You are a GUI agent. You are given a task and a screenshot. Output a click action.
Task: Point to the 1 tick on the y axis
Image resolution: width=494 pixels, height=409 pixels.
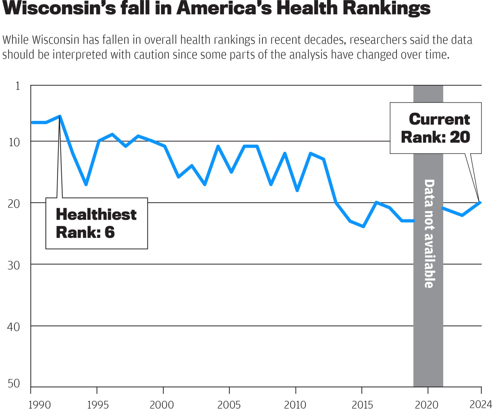18,86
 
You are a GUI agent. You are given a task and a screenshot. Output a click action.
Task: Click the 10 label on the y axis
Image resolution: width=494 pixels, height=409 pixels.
14,142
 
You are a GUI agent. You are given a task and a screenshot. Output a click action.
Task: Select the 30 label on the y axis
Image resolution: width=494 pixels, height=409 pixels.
14,266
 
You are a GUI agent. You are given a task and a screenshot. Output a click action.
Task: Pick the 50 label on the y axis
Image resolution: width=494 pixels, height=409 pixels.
14,383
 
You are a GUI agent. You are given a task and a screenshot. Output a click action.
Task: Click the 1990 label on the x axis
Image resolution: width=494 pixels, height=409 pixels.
39,405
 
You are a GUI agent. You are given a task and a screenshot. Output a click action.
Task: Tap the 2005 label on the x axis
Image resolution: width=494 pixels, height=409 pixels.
229,405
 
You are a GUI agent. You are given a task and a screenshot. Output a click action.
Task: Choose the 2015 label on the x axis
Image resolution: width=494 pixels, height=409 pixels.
362,405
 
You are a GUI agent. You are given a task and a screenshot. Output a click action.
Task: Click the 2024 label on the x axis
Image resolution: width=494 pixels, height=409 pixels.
481,404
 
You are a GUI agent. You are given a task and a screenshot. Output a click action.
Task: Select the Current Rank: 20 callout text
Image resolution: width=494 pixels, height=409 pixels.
436,128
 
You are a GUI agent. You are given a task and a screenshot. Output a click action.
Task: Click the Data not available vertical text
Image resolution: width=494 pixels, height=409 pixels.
429,233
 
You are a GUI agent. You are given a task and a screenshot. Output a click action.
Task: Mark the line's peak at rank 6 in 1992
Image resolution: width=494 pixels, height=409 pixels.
60,116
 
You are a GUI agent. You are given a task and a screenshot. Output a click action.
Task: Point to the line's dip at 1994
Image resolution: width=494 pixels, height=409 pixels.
86,184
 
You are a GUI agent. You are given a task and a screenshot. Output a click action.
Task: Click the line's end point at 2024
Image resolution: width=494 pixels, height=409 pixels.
480,203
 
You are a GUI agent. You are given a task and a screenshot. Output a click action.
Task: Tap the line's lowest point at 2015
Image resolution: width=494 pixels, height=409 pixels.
363,226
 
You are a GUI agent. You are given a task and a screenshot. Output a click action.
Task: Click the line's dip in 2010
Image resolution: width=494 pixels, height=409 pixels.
297,190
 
